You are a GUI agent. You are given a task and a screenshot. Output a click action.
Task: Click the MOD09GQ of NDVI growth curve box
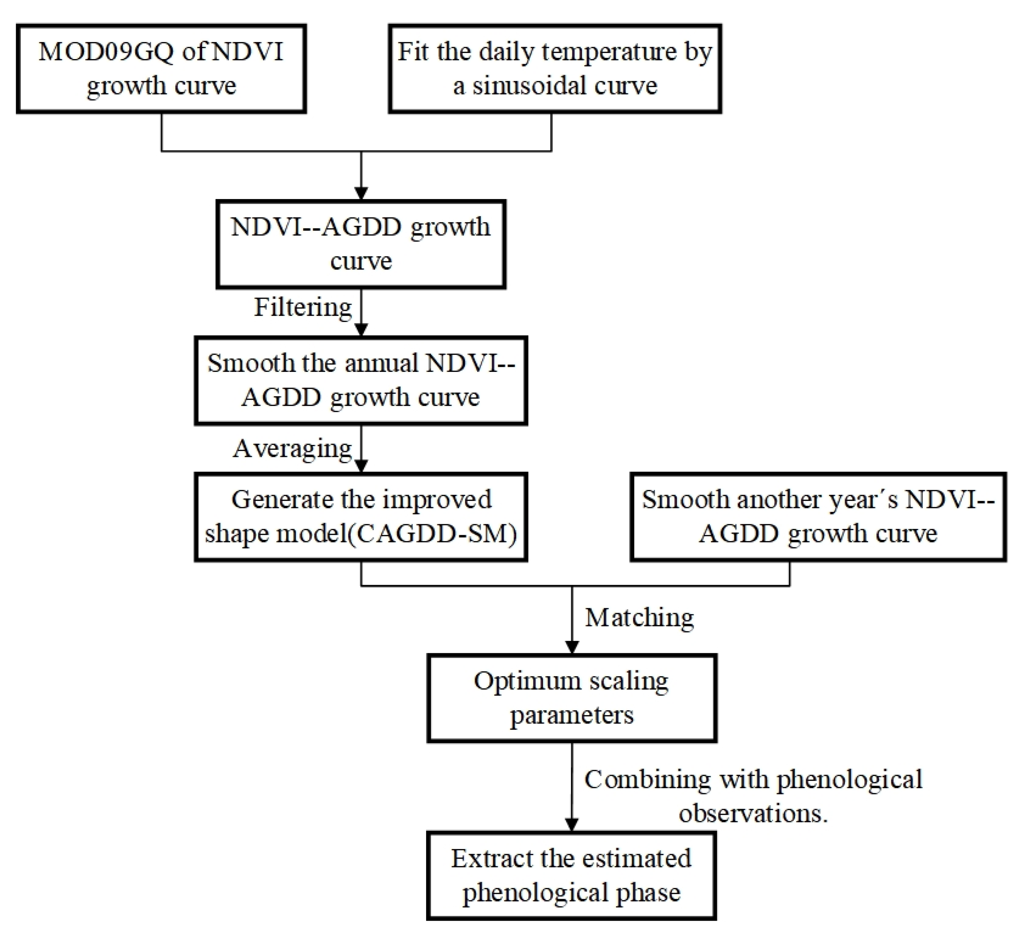pos(161,68)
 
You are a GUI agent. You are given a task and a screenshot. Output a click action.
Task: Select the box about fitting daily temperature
pos(555,68)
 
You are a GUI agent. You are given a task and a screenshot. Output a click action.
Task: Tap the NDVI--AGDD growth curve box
pos(361,244)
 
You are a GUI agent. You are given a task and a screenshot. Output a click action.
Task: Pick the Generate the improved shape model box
pos(361,517)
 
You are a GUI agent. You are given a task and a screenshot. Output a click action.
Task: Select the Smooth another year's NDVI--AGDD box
pos(817,517)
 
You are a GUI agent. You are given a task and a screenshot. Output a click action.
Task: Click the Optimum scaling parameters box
pos(571,698)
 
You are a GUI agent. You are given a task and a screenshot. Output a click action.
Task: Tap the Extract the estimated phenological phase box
pos(571,875)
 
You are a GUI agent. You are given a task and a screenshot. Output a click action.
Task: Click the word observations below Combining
pos(753,813)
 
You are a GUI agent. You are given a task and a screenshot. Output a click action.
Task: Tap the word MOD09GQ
pos(106,52)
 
